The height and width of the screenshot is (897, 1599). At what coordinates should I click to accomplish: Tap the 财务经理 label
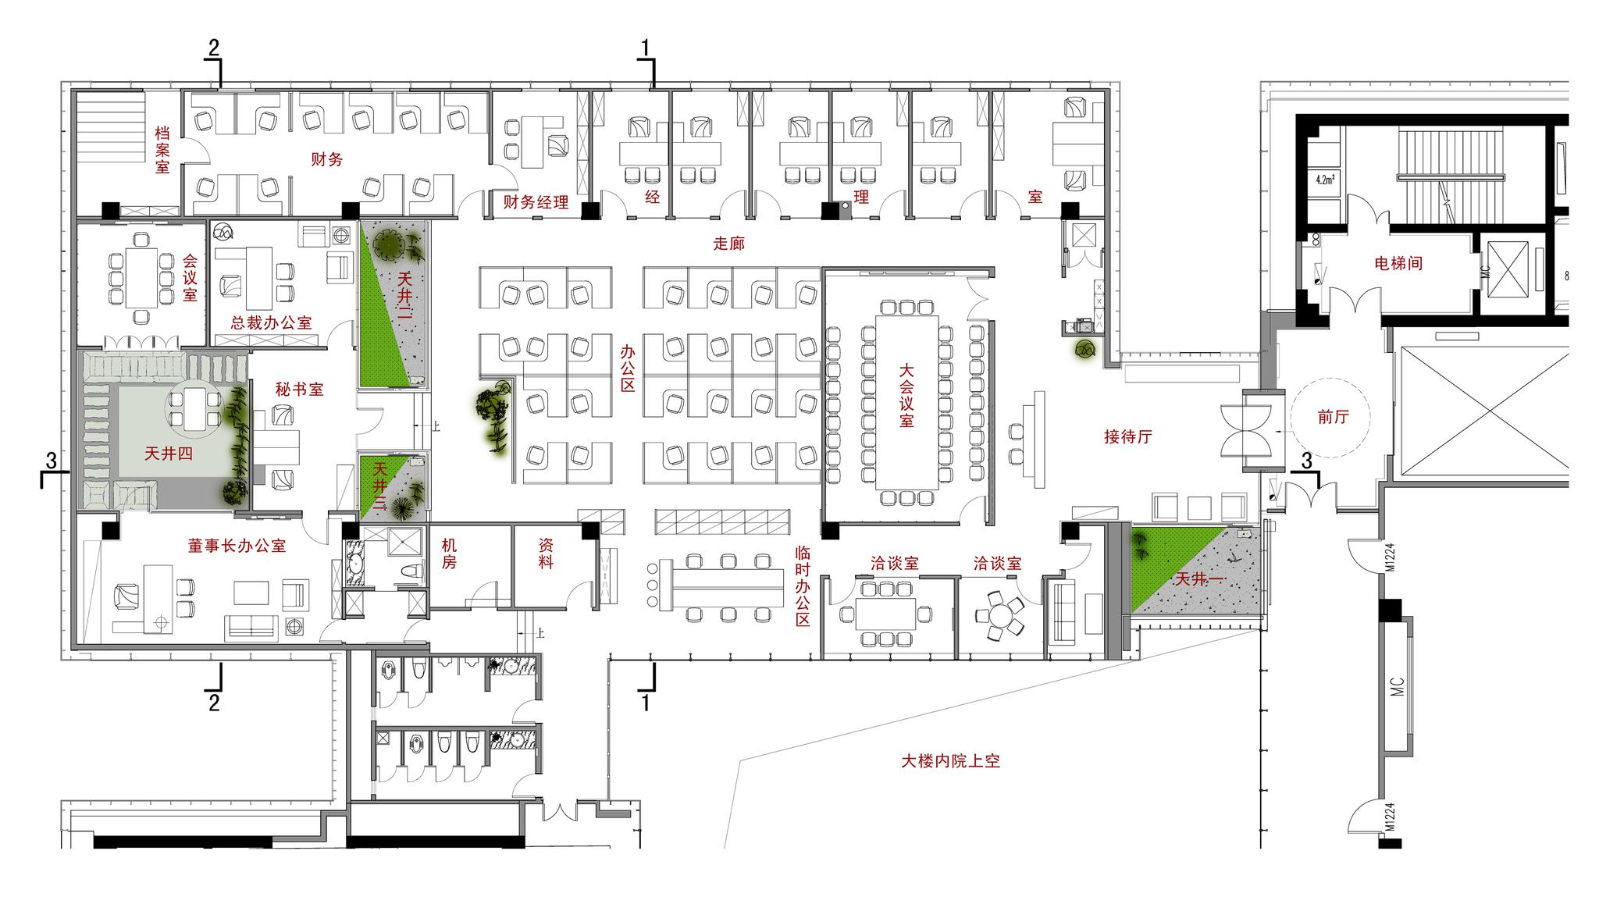536,203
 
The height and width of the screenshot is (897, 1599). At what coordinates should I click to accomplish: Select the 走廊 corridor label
728,244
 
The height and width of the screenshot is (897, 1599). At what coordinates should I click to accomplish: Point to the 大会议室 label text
906,394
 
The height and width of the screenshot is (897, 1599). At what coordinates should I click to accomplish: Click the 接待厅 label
1128,437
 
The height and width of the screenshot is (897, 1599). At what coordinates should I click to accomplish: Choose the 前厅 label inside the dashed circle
1333,417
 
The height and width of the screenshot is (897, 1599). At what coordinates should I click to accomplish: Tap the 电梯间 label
1398,264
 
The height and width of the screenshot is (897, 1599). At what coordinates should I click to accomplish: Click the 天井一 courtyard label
1199,579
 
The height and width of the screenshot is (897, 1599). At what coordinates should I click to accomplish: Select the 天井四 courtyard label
169,454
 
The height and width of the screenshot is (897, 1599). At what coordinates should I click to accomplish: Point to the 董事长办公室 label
237,546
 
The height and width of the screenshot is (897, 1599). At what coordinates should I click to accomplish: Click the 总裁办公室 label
271,322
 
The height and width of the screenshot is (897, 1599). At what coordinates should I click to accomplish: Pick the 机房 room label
449,553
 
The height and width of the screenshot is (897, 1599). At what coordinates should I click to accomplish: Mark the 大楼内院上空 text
950,760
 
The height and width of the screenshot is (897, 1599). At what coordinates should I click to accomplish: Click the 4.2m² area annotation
1325,180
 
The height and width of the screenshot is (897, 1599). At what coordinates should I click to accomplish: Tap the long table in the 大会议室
906,403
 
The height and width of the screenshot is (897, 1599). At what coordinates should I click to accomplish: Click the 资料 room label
547,553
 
